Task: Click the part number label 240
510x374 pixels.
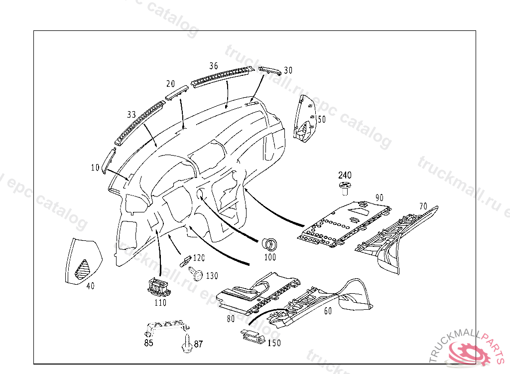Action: tap(345, 175)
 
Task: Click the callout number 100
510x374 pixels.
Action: tap(269, 257)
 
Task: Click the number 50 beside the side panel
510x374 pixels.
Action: tap(321, 119)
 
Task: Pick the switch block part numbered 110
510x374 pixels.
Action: tap(158, 286)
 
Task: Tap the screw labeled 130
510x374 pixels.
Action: tap(197, 274)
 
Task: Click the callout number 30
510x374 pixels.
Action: tap(288, 70)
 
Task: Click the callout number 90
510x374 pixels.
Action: tap(380, 197)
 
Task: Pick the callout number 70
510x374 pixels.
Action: tap(423, 205)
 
